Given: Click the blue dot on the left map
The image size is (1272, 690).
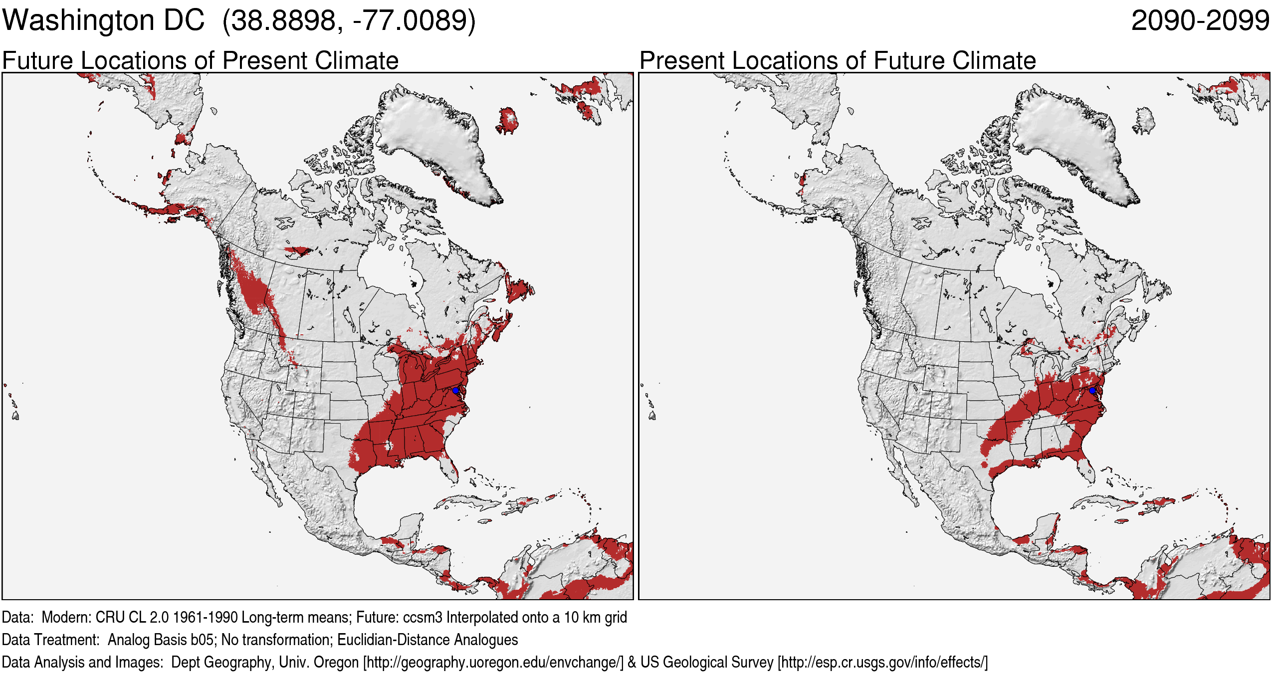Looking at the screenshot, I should coord(455,390).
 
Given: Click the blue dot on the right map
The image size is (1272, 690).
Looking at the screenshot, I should coord(1092,390).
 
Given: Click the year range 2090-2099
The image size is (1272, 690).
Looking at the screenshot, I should coord(1200,21).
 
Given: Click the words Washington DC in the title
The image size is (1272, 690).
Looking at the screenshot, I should coord(103,21).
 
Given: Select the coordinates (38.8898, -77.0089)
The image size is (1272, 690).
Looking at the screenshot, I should coord(349,21).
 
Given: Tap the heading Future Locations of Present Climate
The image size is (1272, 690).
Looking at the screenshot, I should coord(200,60).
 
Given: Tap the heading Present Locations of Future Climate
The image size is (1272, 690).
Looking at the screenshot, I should coord(838,60).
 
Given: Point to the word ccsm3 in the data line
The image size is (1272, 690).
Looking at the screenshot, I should coord(423,618).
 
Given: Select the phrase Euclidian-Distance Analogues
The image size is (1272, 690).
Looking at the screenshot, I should coord(427,640).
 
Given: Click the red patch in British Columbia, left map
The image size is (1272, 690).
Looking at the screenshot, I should coord(254,289).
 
